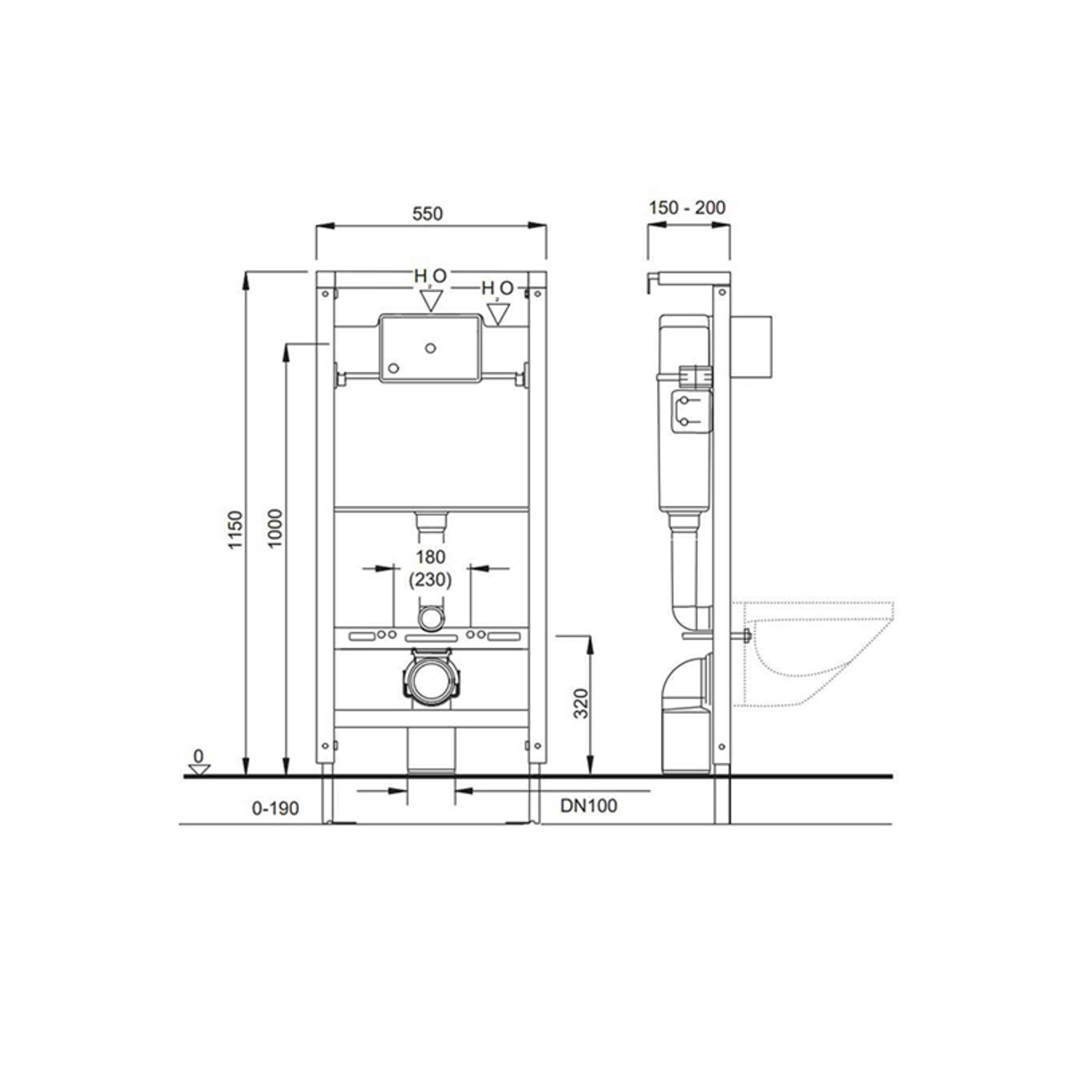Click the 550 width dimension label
428,213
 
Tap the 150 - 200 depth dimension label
687,208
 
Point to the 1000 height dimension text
276,528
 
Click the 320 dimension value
581,703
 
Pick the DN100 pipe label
588,806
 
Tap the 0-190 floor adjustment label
276,808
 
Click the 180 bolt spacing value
431,556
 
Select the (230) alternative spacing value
430,580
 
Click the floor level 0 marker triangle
198,769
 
